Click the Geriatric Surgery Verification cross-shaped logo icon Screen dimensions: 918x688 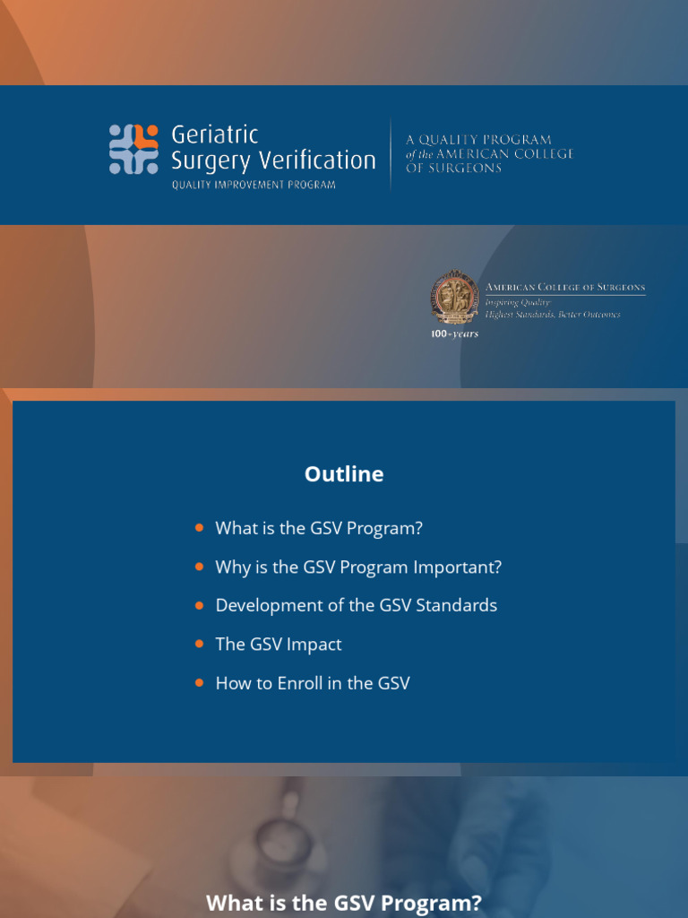[x=133, y=149]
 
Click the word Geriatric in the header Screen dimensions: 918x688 [x=214, y=134]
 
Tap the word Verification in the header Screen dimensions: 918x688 [x=325, y=160]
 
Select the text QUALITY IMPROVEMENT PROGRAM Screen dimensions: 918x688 [x=254, y=186]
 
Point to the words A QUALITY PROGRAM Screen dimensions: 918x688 [x=478, y=140]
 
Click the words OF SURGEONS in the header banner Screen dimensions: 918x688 [x=453, y=169]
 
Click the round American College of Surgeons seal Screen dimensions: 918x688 [x=454, y=299]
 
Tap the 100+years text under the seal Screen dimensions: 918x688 [x=454, y=334]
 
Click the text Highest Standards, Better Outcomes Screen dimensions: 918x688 [x=553, y=315]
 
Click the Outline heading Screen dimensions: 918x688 [x=344, y=474]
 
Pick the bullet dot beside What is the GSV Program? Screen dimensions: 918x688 [x=199, y=528]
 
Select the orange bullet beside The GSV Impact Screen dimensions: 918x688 [x=199, y=644]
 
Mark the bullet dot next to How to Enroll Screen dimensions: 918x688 [x=199, y=683]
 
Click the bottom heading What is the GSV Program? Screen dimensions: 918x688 [x=344, y=902]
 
